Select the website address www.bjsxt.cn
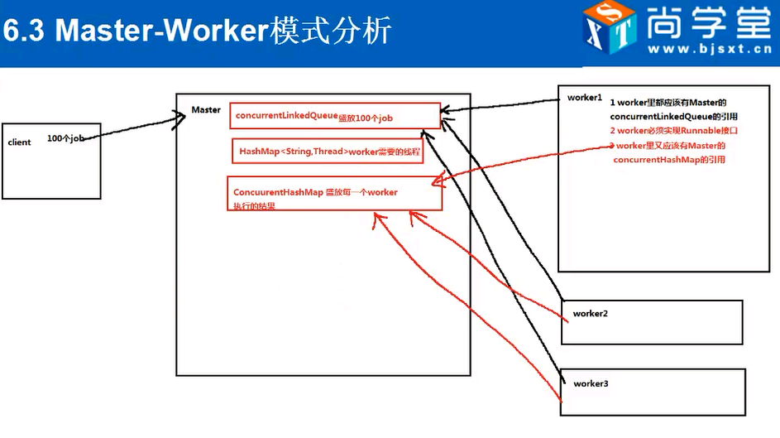click(x=709, y=50)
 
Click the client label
click(x=19, y=142)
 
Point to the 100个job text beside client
click(x=66, y=138)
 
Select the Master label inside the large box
click(x=205, y=110)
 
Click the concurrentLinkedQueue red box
click(x=334, y=117)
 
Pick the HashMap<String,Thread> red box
click(x=328, y=152)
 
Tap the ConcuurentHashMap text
click(x=278, y=192)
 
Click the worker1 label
click(x=584, y=98)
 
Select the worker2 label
click(x=590, y=315)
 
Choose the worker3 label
click(x=591, y=383)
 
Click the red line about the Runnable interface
click(x=672, y=131)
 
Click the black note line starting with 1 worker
click(x=668, y=103)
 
